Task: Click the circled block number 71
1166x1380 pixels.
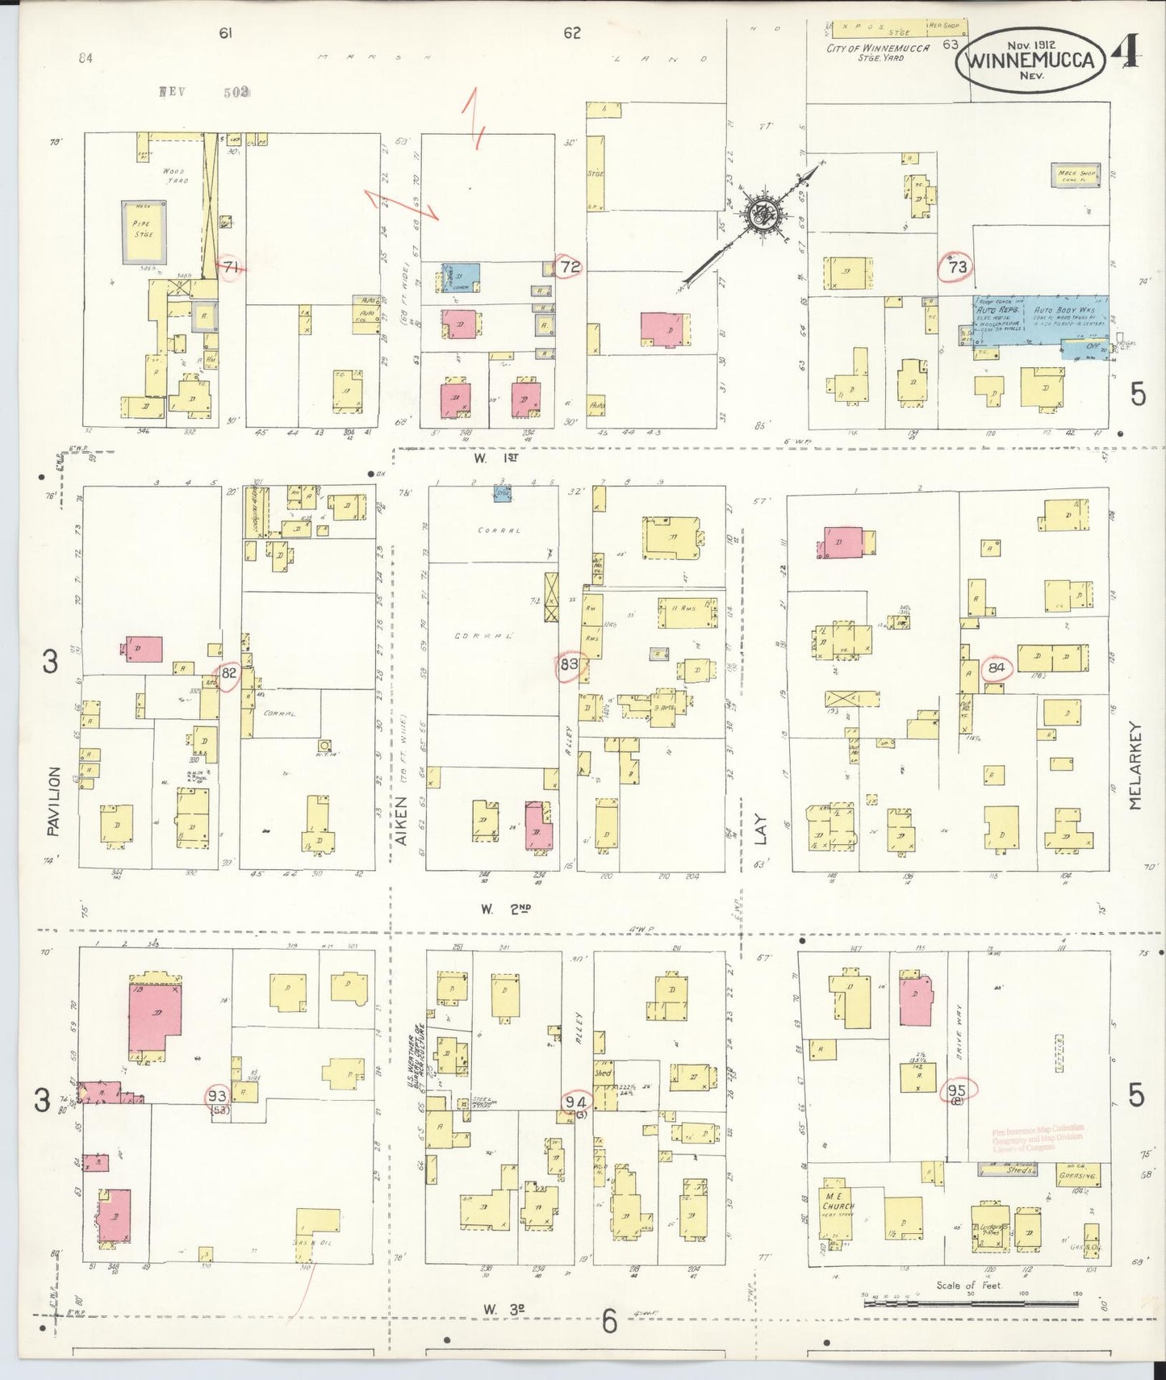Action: [232, 267]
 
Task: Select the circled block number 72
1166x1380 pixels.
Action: [570, 266]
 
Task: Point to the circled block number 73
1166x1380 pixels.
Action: [958, 266]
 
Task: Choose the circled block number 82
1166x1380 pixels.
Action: [228, 672]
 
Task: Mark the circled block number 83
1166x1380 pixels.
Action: [569, 665]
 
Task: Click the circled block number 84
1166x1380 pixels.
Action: [997, 667]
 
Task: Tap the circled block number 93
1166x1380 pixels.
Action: [216, 1096]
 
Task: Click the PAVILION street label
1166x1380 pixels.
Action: [53, 801]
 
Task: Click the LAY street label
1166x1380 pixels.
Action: [759, 832]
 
